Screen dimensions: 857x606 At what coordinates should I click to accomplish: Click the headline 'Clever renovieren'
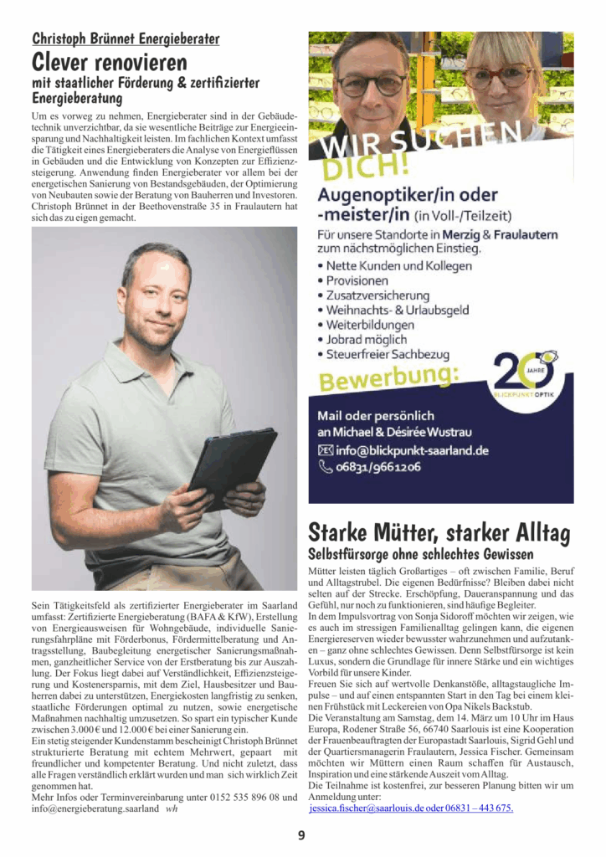click(109, 63)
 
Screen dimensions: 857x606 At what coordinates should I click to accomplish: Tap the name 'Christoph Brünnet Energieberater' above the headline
click(126, 38)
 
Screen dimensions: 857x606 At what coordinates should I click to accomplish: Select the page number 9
click(301, 834)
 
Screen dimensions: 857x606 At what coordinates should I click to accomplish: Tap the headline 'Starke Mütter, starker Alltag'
click(439, 532)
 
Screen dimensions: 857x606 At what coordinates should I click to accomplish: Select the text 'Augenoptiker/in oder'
click(408, 195)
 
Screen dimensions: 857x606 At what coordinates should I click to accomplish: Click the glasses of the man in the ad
click(371, 85)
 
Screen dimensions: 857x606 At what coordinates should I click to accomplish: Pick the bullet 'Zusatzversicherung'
click(377, 295)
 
